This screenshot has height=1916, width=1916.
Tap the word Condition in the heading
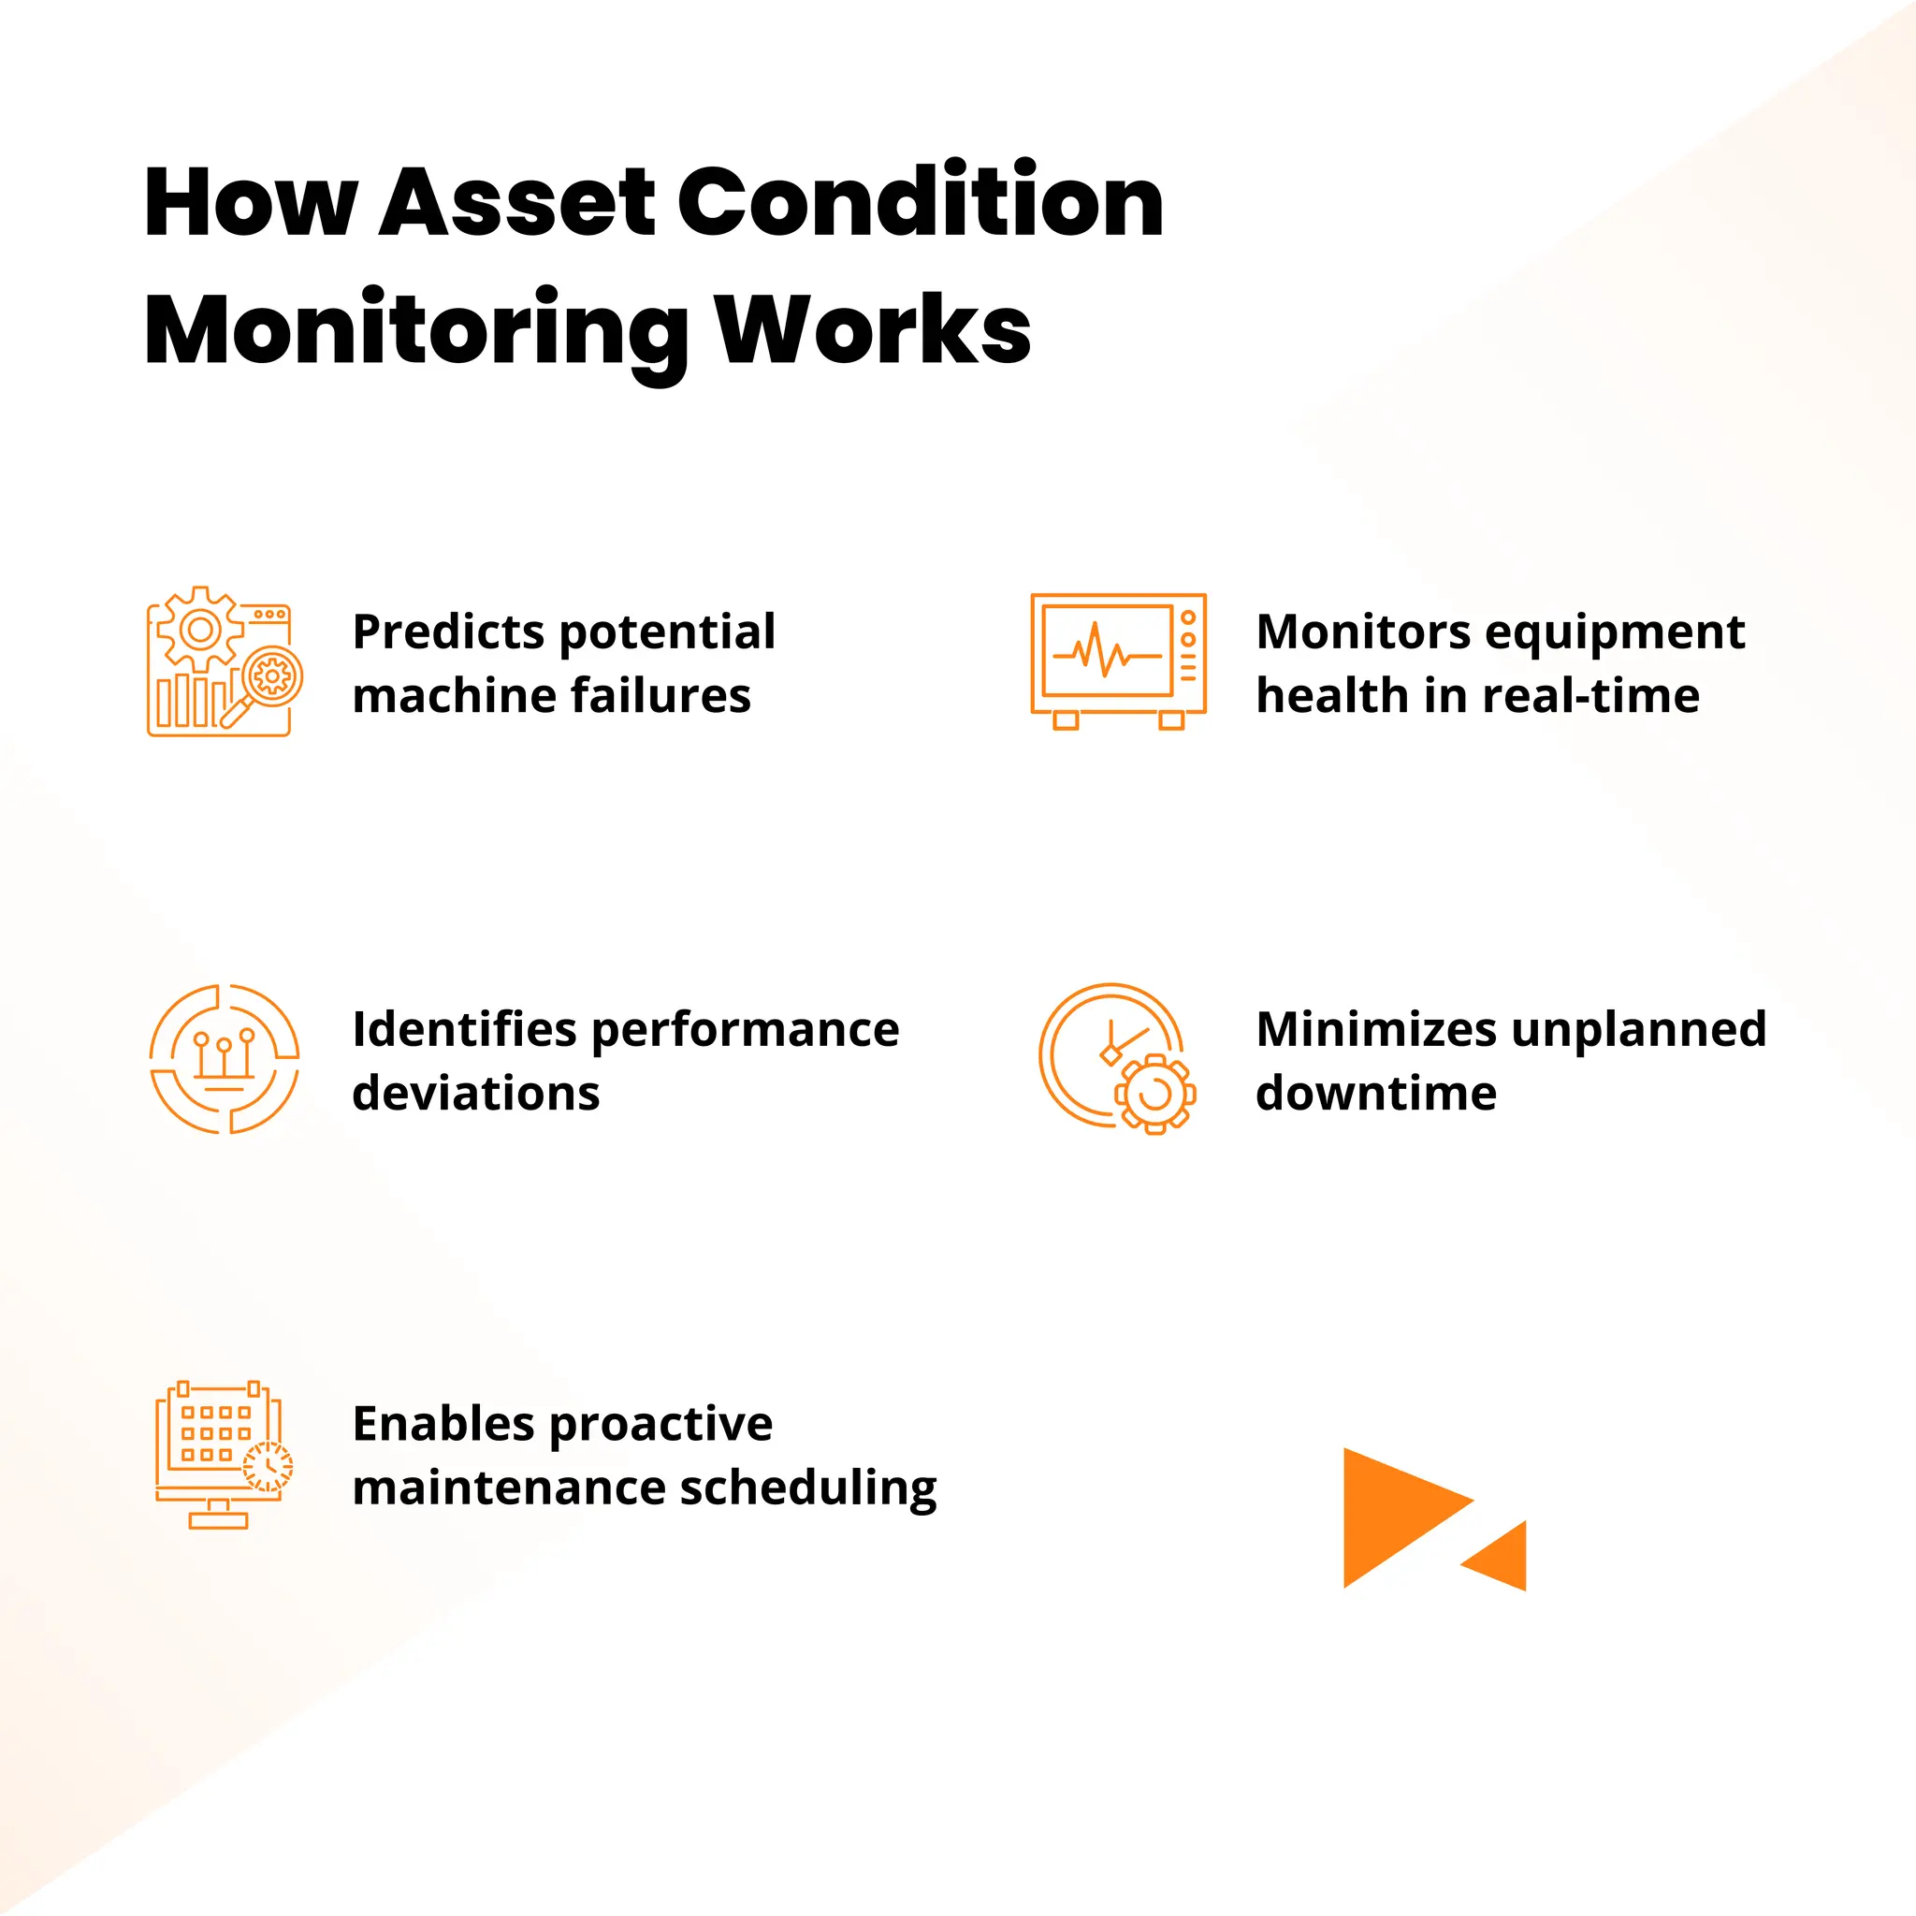(922, 203)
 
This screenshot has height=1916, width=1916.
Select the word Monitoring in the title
(416, 332)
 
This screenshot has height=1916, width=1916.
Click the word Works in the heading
(874, 330)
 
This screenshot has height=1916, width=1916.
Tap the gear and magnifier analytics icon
(225, 661)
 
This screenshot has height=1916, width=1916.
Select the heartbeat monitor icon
(1118, 661)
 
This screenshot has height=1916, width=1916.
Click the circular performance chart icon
(225, 1059)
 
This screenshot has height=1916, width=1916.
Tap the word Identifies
(464, 1029)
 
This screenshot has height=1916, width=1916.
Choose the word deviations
(476, 1093)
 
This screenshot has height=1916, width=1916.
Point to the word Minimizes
(1376, 1029)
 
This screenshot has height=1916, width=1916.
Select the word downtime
(1376, 1093)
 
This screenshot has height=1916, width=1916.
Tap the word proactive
(660, 1426)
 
